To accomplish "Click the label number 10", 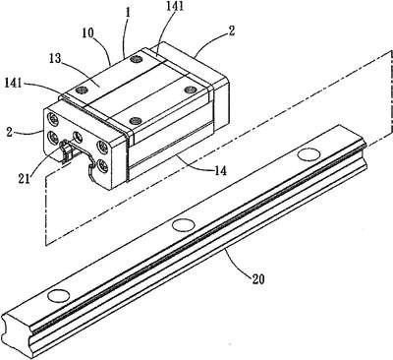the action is pos(88,33).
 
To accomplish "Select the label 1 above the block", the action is pos(128,14).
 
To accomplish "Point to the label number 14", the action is pos(220,170).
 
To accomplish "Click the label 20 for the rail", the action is pos(257,279).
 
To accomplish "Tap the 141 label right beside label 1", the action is pos(175,8).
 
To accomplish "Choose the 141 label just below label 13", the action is pos(13,83).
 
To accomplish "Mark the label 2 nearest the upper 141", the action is pos(232,31).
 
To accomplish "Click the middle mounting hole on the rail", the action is pos(183,224).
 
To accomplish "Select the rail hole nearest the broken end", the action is pos(59,295).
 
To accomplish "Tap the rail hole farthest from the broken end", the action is pos(309,154).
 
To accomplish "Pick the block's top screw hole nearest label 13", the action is pos(81,90).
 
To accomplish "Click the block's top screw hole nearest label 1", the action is pos(135,59).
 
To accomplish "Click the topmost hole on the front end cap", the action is pos(53,118).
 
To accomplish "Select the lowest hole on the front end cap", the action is pos(102,166).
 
